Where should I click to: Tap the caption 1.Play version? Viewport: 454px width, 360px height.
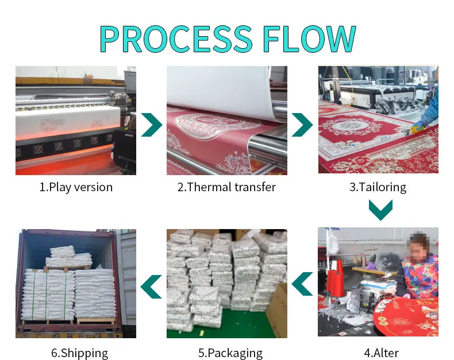pyautogui.click(x=76, y=187)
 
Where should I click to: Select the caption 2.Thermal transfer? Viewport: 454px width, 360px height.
pyautogui.click(x=226, y=187)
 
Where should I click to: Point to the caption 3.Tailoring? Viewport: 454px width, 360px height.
pyautogui.click(x=378, y=187)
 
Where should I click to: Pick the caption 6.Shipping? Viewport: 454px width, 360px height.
pyautogui.click(x=76, y=353)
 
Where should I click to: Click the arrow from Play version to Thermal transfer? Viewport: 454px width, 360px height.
pyautogui.click(x=151, y=123)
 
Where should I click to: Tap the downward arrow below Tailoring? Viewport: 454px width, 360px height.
pyautogui.click(x=380, y=210)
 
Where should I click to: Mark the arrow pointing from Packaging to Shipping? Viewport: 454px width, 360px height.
pyautogui.click(x=151, y=286)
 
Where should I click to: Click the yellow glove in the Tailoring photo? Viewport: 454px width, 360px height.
pyautogui.click(x=421, y=125)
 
